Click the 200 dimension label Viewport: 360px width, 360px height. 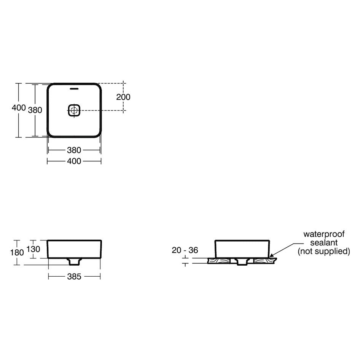click(x=123, y=97)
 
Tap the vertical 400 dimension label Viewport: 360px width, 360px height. click(x=19, y=107)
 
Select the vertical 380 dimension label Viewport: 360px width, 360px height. click(x=35, y=110)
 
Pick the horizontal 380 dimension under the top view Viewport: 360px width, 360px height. click(x=74, y=150)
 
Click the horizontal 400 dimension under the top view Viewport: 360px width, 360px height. click(x=74, y=161)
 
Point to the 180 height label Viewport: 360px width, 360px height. click(x=17, y=253)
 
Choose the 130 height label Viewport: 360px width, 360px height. click(x=33, y=249)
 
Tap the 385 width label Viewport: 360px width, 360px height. click(x=74, y=277)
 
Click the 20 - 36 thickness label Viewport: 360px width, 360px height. click(x=185, y=250)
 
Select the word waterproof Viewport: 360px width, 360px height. click(x=324, y=234)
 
